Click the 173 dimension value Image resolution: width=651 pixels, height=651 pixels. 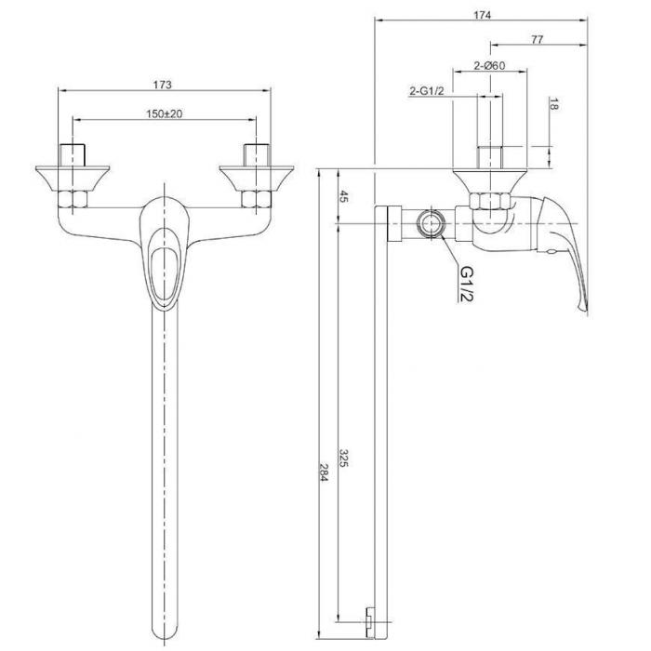(x=162, y=85)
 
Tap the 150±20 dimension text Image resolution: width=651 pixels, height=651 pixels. (x=165, y=113)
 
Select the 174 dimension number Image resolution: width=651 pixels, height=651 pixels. (x=483, y=16)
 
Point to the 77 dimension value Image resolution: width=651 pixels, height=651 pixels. (x=537, y=39)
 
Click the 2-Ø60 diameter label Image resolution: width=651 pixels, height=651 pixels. (x=489, y=66)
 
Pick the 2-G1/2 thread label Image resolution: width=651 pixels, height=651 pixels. (x=427, y=91)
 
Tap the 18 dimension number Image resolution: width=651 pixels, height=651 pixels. (x=553, y=104)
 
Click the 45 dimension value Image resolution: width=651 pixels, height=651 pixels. (x=344, y=196)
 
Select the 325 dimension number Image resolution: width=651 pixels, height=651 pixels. (x=344, y=458)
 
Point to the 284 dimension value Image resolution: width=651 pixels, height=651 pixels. (x=325, y=472)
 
